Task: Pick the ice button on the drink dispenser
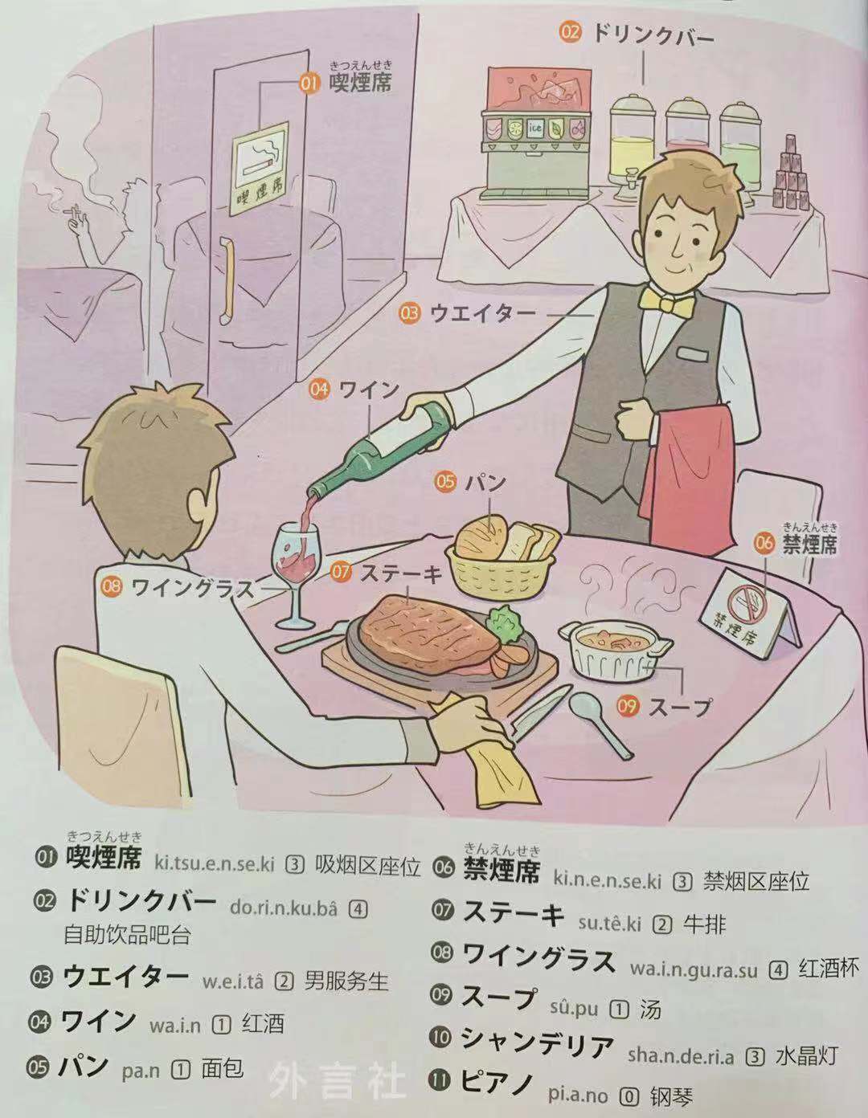coord(534,129)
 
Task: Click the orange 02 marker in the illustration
coord(571,32)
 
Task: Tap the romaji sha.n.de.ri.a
coord(681,1055)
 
